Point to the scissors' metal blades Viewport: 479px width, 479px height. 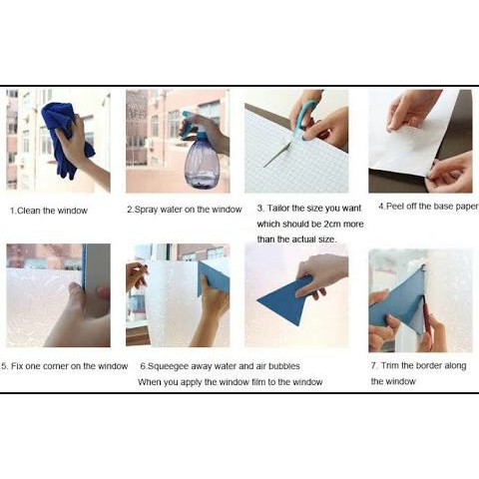tap(278, 155)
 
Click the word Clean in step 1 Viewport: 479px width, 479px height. tap(29, 211)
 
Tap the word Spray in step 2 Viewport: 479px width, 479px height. tap(146, 210)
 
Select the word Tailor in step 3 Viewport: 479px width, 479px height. tap(278, 209)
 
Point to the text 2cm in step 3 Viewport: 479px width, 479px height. tap(332, 225)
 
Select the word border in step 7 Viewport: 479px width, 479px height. tap(428, 365)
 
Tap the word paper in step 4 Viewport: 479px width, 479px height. tap(467, 207)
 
